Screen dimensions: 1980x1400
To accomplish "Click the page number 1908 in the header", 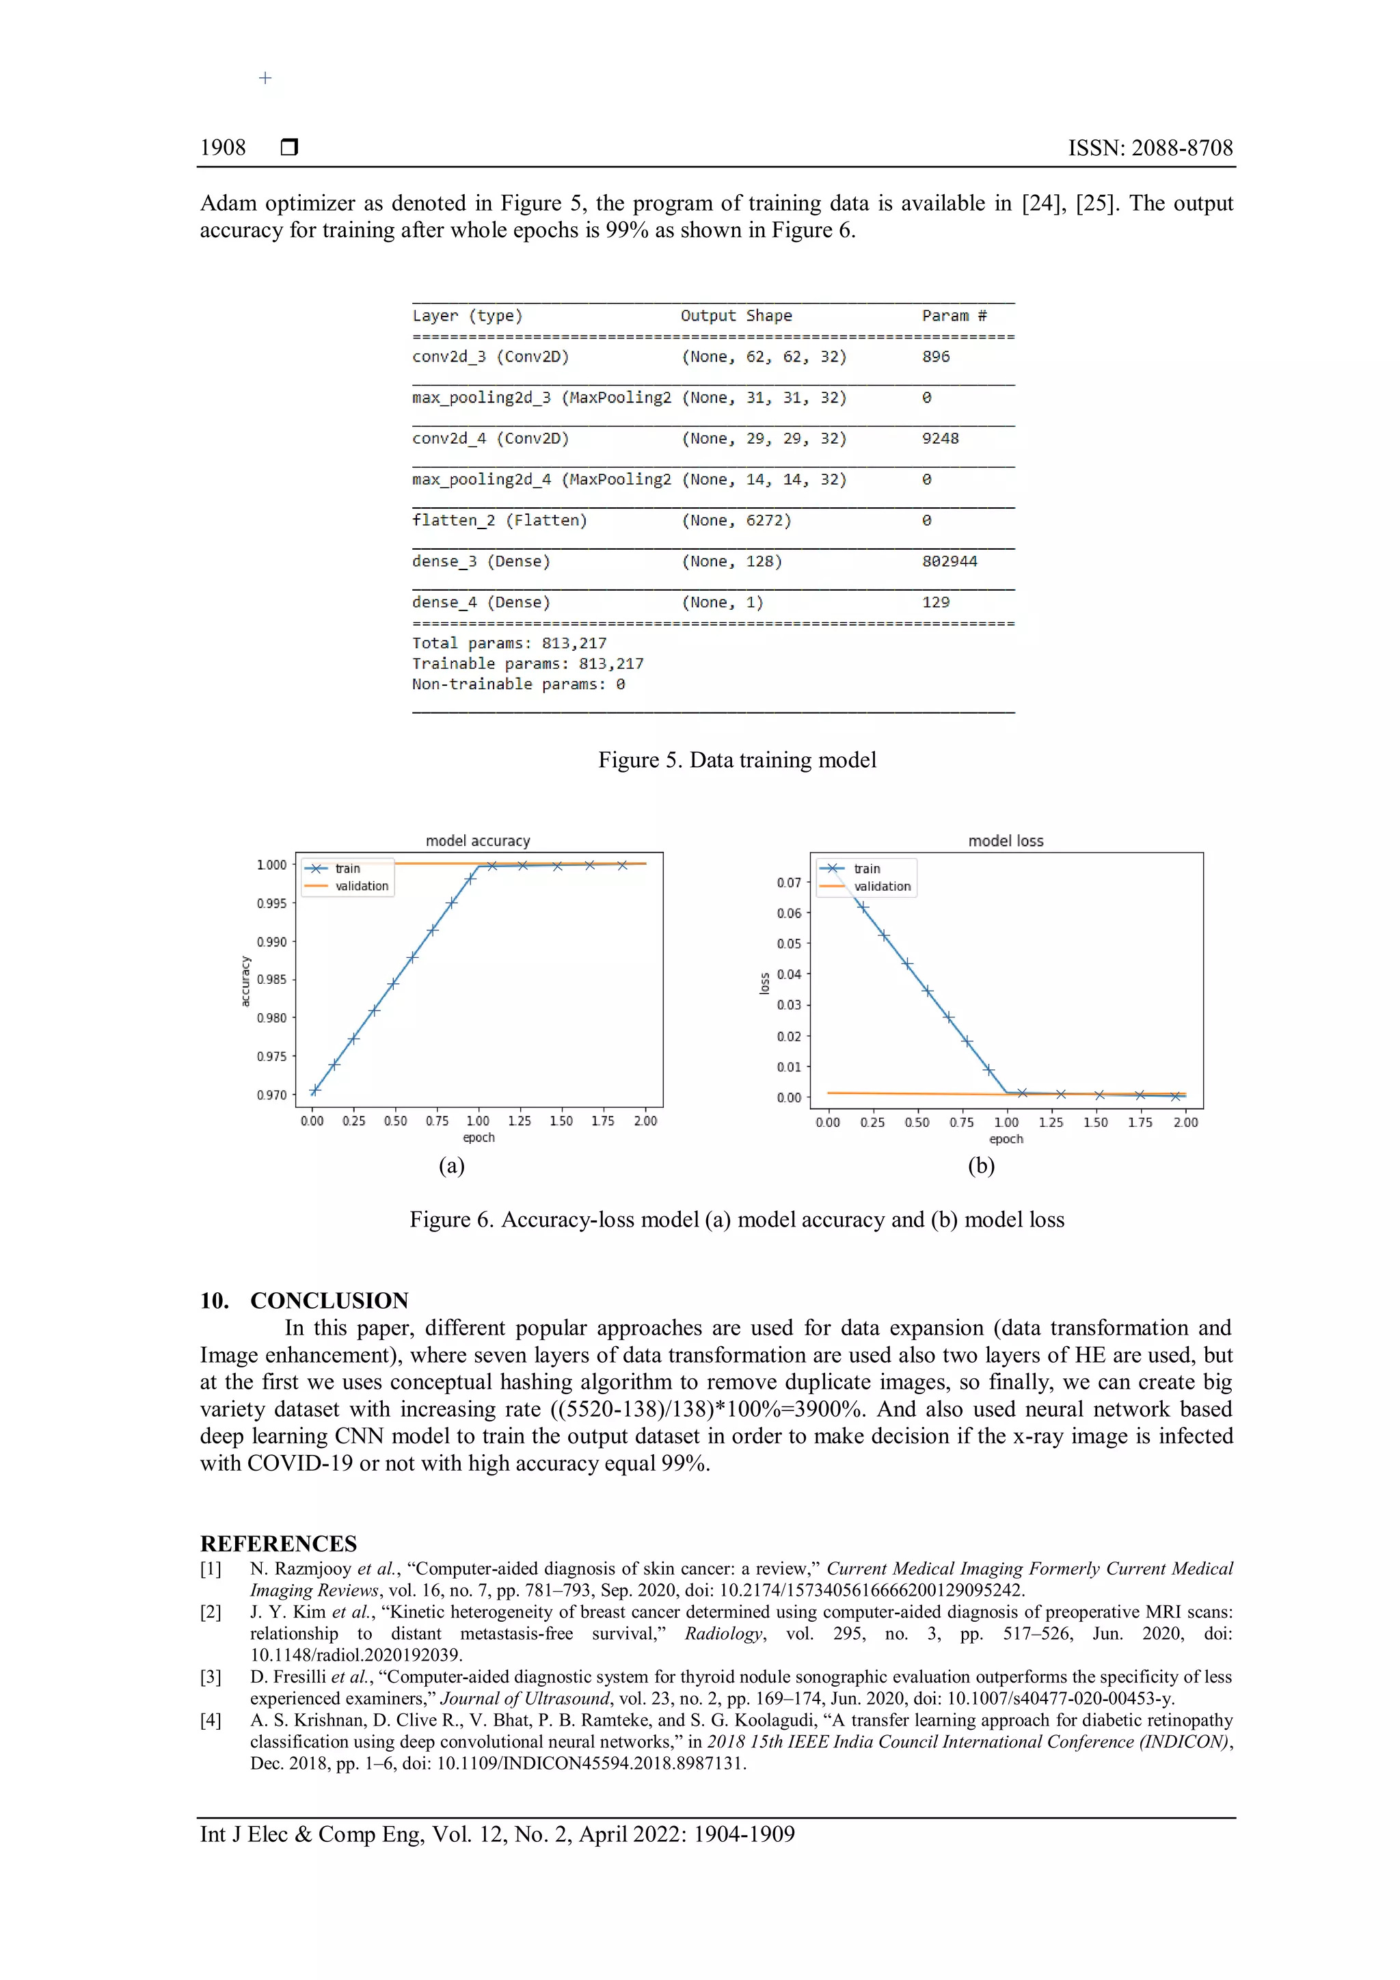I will click(222, 148).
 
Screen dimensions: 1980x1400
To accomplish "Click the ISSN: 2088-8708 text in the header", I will click(1150, 148).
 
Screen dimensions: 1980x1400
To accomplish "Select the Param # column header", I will click(954, 316).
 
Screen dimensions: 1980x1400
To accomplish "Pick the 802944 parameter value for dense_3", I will click(949, 561).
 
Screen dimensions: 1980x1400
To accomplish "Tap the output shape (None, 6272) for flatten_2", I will click(736, 520).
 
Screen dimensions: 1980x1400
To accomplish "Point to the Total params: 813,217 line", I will click(509, 643).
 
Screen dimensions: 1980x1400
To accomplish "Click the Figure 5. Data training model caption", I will click(737, 760).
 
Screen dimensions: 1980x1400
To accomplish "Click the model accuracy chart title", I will click(478, 841).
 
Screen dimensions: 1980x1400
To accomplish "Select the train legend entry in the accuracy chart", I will click(347, 868).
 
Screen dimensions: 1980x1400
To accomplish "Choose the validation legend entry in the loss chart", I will click(881, 887).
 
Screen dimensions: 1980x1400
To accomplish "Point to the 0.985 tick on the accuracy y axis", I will click(271, 980).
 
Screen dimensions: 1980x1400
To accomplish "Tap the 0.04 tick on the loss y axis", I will click(788, 974).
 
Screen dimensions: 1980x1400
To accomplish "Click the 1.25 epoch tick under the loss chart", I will click(1051, 1122).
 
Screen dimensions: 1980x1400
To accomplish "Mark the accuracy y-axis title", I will click(245, 980).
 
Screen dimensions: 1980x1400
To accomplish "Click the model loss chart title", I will click(1005, 841).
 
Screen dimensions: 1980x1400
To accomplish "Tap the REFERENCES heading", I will click(278, 1544).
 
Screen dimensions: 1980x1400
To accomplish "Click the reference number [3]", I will click(211, 1676).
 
